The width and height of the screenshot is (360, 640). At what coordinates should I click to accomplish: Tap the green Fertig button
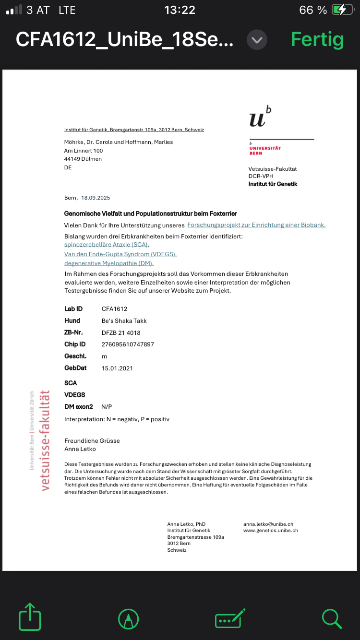[x=317, y=39]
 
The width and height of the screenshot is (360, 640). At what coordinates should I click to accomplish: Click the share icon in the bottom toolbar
[x=30, y=616]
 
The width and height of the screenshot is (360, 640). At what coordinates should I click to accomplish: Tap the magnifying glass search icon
[x=332, y=618]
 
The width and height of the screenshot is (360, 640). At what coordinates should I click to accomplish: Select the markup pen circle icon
[x=128, y=619]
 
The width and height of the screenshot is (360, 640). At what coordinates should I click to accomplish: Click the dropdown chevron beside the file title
[x=257, y=39]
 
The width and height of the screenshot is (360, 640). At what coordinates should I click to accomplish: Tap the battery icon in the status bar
[x=345, y=10]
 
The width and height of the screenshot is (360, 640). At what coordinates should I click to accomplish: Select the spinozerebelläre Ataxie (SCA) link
[x=103, y=245]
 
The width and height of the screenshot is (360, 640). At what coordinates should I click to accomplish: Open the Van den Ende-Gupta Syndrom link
[x=120, y=254]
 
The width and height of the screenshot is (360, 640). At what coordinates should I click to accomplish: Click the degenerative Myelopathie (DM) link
[x=109, y=263]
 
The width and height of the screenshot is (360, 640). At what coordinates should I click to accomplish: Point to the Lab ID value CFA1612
[x=114, y=309]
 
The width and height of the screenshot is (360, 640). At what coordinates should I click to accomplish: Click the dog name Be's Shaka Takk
[x=124, y=320]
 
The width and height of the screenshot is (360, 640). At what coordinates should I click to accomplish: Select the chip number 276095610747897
[x=128, y=344]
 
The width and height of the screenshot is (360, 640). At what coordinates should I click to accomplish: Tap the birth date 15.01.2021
[x=117, y=368]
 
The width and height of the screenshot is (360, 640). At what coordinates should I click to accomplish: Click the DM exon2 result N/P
[x=107, y=406]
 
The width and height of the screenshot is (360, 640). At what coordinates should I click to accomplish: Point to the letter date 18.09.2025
[x=96, y=198]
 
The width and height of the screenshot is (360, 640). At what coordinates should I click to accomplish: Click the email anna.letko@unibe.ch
[x=268, y=524]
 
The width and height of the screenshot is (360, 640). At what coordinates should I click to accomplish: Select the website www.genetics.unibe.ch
[x=271, y=531]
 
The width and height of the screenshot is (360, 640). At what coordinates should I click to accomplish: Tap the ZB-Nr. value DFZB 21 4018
[x=121, y=332]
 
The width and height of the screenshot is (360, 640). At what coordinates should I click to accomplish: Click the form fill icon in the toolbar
[x=230, y=618]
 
